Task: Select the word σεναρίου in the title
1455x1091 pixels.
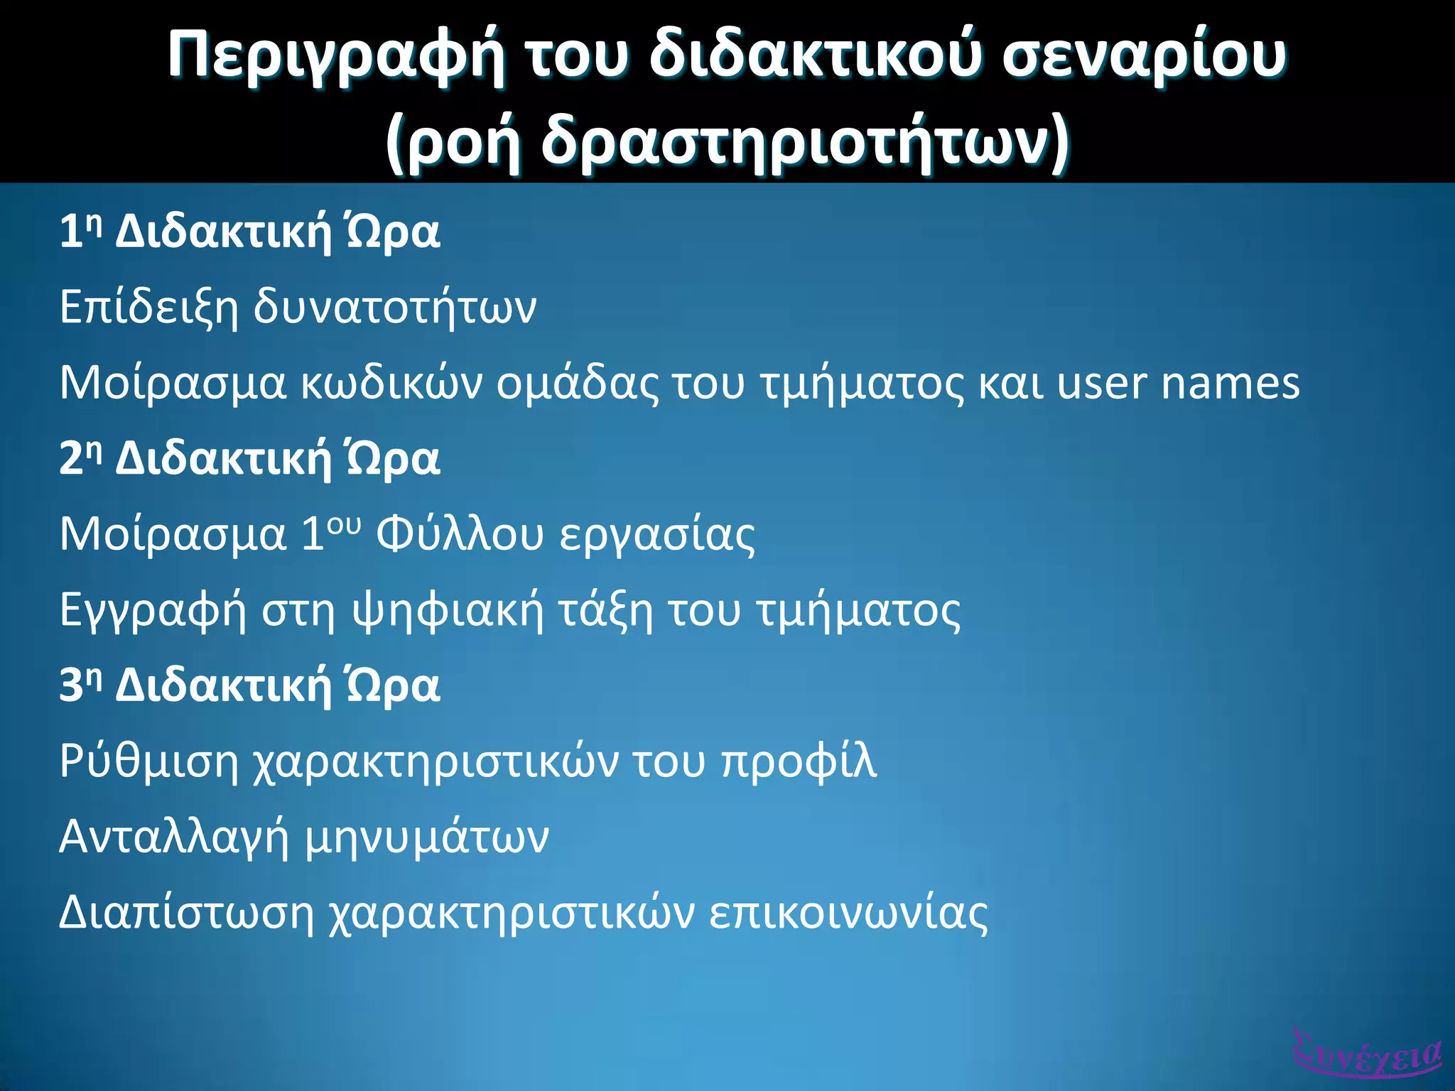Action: (x=1144, y=55)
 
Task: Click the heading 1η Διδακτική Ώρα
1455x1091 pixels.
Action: (x=249, y=232)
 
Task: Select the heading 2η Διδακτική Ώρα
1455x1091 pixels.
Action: (x=249, y=458)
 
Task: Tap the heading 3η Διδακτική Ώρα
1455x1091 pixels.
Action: (x=249, y=685)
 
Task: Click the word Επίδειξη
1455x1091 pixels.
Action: (x=148, y=307)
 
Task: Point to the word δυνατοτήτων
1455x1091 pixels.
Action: (x=395, y=307)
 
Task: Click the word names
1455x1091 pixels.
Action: (x=1230, y=383)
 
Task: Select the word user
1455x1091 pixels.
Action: (x=1101, y=384)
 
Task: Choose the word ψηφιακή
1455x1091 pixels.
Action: (x=448, y=610)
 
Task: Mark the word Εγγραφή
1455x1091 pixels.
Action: (x=153, y=610)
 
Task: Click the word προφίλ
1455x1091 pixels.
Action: (x=799, y=761)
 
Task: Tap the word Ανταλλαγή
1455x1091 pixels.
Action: (x=174, y=837)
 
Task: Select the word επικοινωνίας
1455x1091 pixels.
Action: (x=848, y=912)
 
